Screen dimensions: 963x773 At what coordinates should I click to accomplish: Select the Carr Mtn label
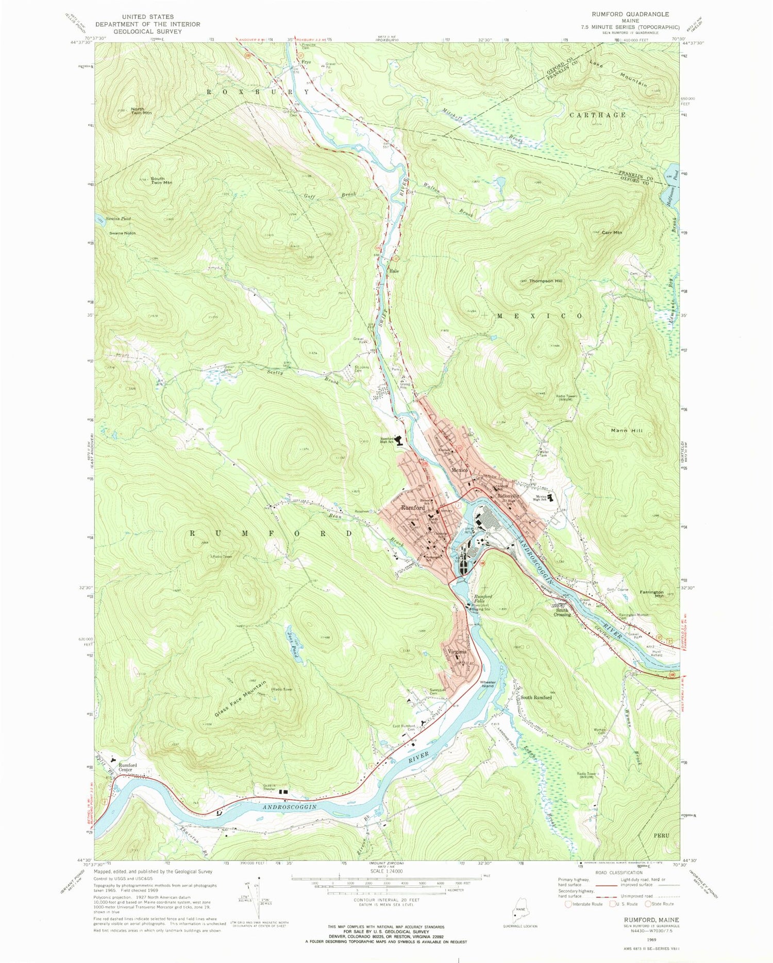pos(612,232)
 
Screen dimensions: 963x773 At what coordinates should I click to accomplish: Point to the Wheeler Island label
pos(487,684)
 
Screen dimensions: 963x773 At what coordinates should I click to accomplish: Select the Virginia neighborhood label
pos(457,651)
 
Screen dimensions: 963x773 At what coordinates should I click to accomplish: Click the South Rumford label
pos(535,697)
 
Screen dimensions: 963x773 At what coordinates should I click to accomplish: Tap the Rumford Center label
pos(128,767)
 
